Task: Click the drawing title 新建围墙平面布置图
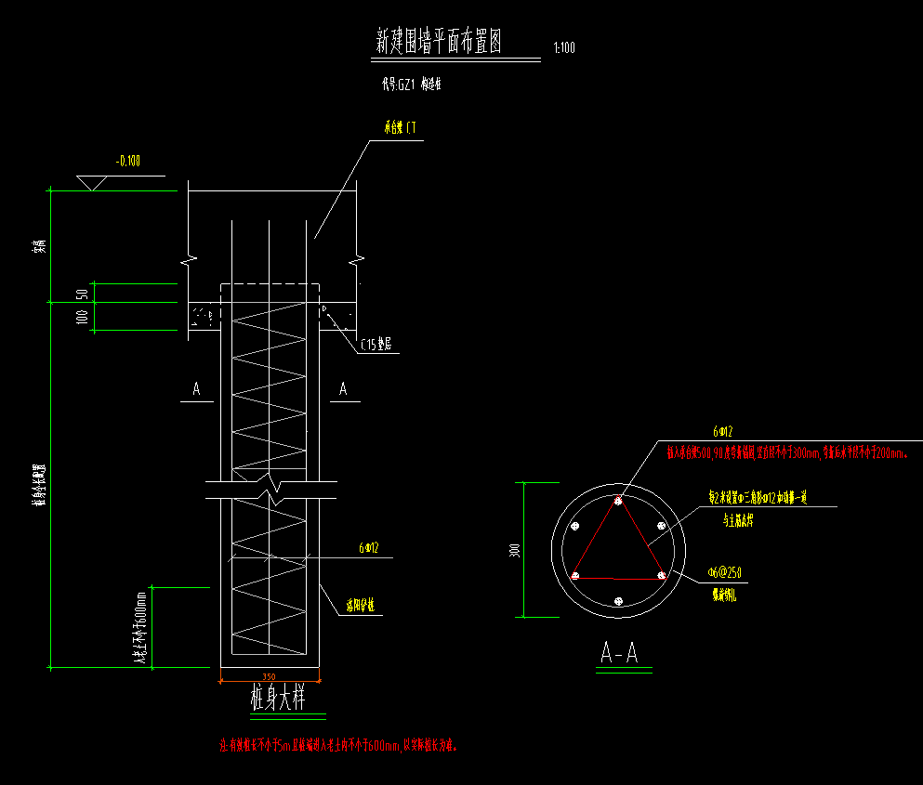439,42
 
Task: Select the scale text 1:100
563,48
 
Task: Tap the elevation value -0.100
128,162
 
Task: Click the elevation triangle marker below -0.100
92,182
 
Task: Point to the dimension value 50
83,294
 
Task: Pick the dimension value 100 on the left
83,317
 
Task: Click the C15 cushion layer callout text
376,344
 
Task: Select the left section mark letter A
196,389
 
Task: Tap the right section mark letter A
343,389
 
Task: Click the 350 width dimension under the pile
270,676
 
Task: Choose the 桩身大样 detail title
278,698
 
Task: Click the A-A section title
619,653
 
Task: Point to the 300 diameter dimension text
515,551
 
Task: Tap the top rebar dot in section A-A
618,502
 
